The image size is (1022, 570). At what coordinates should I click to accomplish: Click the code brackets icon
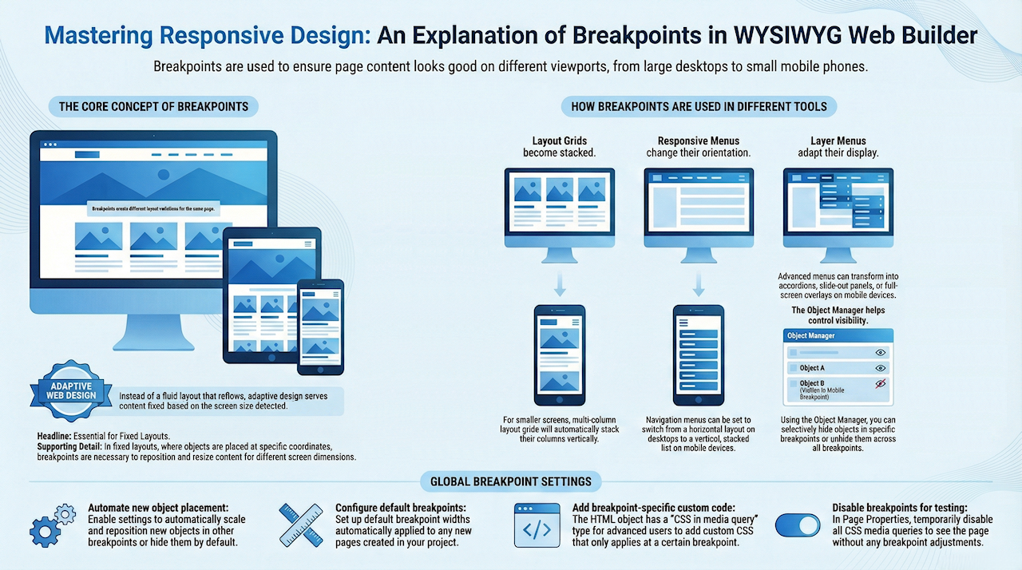click(x=537, y=525)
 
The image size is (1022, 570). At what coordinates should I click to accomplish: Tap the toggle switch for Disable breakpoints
click(x=798, y=524)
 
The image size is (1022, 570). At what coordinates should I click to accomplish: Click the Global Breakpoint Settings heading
click(x=510, y=481)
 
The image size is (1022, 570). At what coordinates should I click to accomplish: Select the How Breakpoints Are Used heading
click(x=699, y=106)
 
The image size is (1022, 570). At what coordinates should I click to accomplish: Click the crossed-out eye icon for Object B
click(x=881, y=384)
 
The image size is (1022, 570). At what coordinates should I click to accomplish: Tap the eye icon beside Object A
click(x=881, y=368)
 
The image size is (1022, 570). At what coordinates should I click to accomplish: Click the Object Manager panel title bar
click(x=838, y=336)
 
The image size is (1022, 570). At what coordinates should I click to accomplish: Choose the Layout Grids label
click(x=559, y=141)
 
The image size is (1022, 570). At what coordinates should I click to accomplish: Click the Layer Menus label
click(x=838, y=141)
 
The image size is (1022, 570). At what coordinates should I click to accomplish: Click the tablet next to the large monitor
click(x=271, y=295)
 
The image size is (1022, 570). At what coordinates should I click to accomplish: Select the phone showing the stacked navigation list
click(x=699, y=354)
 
